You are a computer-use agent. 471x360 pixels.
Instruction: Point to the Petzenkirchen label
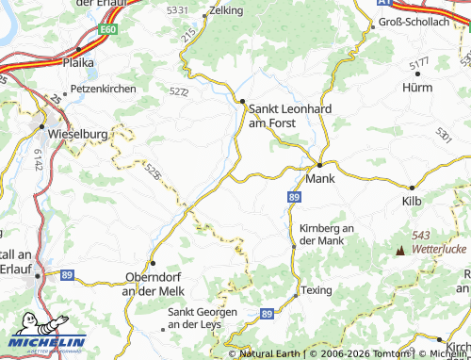tap(96, 89)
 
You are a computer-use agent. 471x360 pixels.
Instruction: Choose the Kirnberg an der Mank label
tap(325, 235)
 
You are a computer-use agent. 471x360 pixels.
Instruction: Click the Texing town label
tap(317, 290)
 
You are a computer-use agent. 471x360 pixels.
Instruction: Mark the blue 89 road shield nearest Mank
tap(295, 196)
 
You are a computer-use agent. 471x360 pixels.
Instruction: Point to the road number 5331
tap(176, 9)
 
